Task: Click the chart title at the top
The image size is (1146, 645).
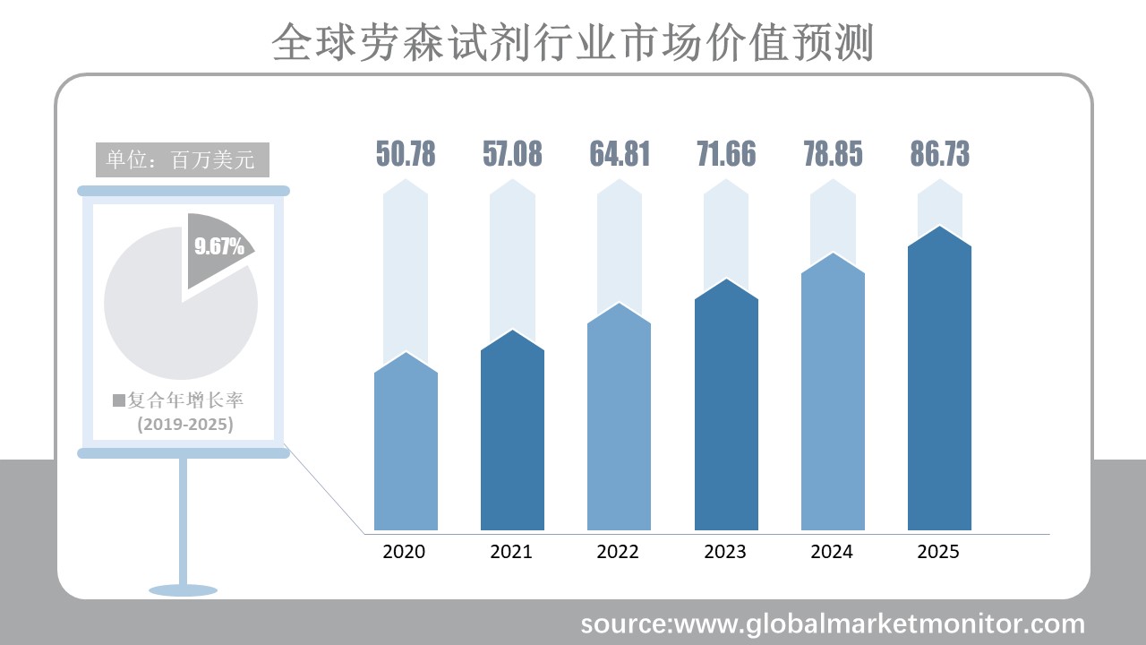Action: click(x=572, y=42)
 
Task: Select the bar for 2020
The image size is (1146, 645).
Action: click(x=406, y=448)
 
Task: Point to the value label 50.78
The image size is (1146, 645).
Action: click(x=406, y=154)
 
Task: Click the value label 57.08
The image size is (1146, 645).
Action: click(x=512, y=154)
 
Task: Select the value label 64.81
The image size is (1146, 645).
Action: click(x=619, y=154)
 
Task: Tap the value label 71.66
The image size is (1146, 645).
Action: click(x=726, y=154)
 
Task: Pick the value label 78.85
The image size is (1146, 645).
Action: click(x=833, y=154)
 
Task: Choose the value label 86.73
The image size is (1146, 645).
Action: click(x=939, y=154)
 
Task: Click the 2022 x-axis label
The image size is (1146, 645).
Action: click(x=618, y=552)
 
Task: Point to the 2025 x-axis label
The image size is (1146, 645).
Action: click(x=938, y=552)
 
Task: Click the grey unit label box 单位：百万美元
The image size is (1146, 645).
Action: click(x=182, y=160)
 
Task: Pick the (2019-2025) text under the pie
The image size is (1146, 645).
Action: click(x=185, y=424)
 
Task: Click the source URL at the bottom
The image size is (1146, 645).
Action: click(x=833, y=623)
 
